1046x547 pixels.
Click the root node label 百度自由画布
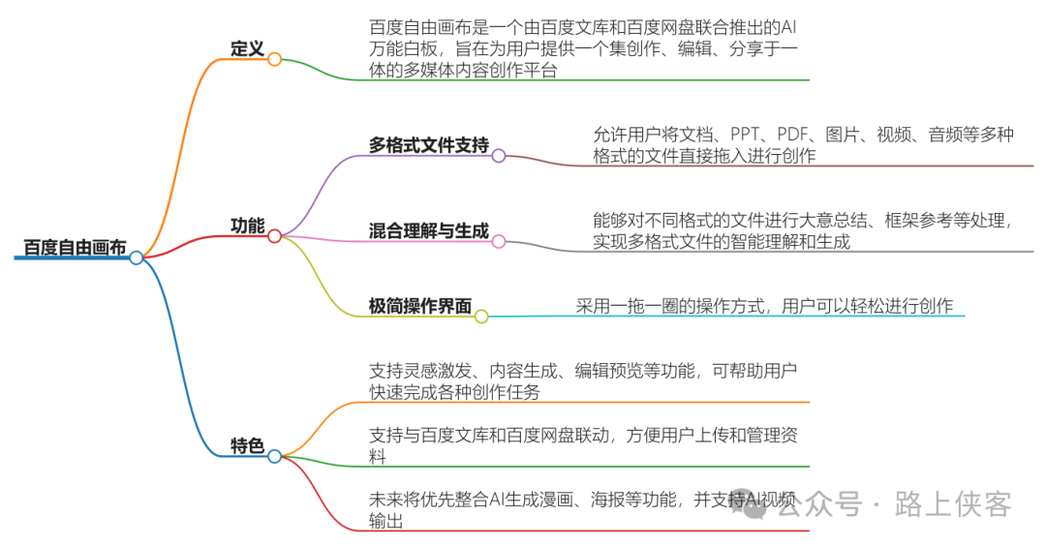coord(75,247)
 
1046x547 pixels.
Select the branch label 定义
coord(247,48)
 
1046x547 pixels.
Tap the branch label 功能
coord(247,226)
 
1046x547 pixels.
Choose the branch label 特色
coord(247,446)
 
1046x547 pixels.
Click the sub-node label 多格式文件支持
coord(428,145)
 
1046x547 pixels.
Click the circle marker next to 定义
coord(274,59)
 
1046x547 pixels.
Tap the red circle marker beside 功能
coord(274,235)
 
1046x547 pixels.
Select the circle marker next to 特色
coord(274,456)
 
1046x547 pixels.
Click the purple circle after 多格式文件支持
coord(499,155)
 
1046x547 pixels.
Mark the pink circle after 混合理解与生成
coord(499,241)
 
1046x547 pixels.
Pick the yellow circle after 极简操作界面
coord(481,316)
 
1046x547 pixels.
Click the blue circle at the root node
coord(137,258)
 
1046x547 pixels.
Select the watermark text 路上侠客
coord(955,504)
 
